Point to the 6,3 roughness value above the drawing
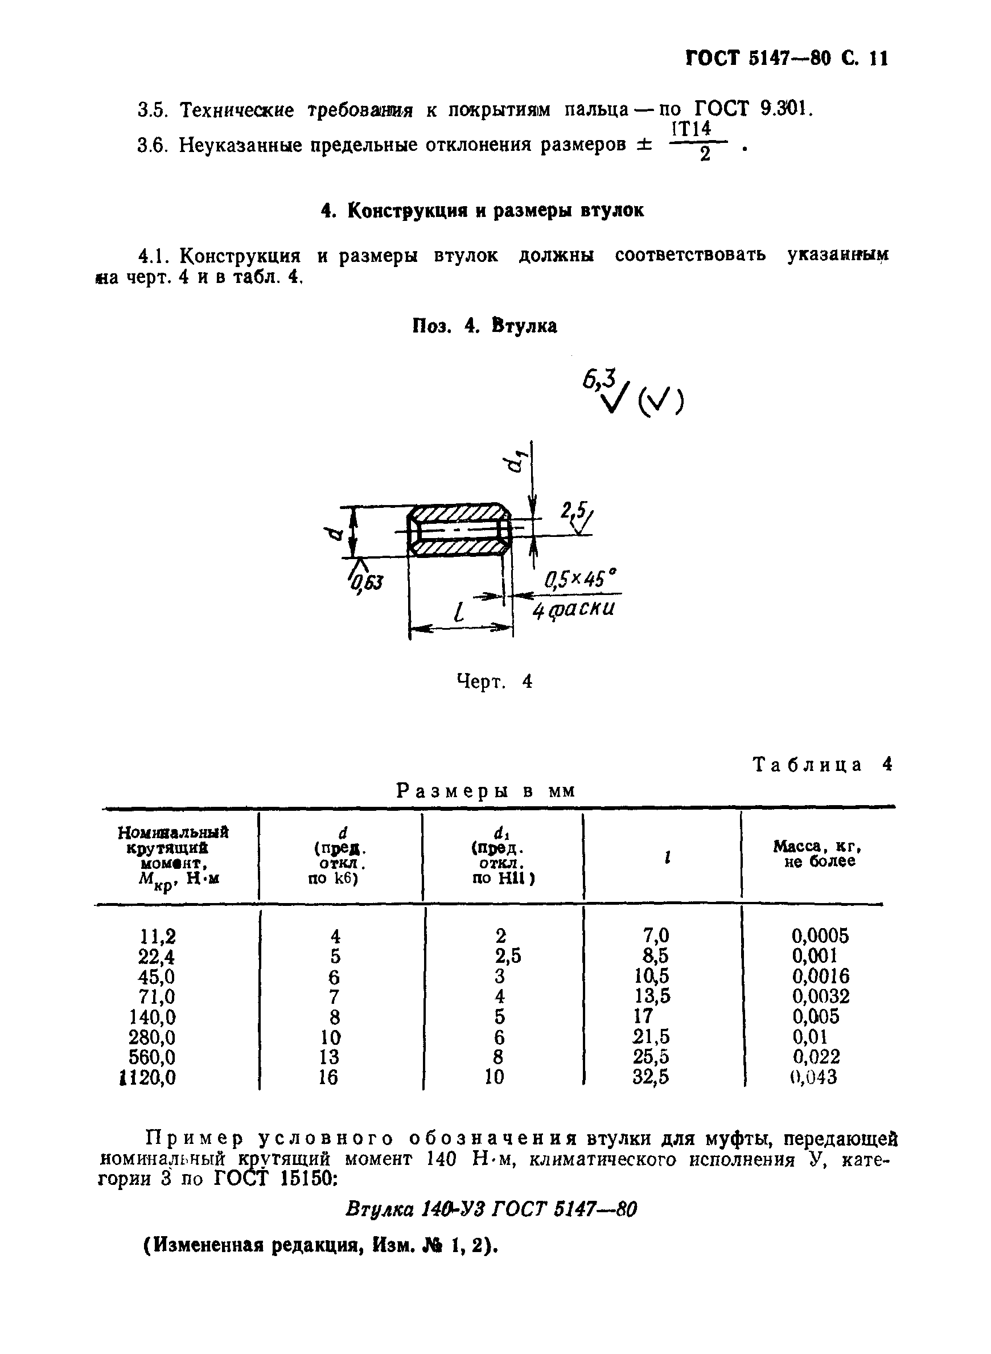600,380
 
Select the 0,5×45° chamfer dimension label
579,580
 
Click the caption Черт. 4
494,682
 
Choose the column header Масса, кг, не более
818,853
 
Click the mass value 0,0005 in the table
820,936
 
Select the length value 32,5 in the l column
651,1077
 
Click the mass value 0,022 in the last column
816,1056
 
